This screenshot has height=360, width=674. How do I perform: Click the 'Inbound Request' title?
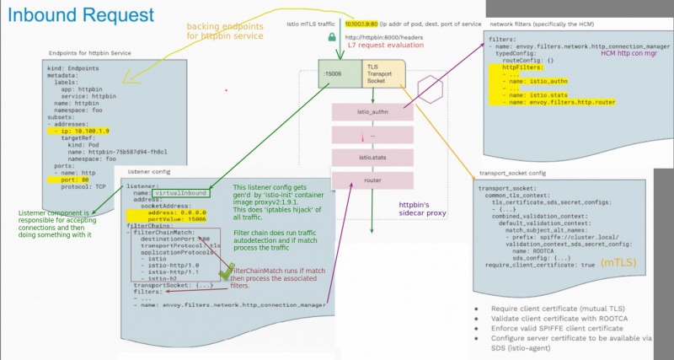(81, 16)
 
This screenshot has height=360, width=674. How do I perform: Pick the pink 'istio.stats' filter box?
(371, 157)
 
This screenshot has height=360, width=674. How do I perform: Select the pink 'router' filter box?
(371, 180)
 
